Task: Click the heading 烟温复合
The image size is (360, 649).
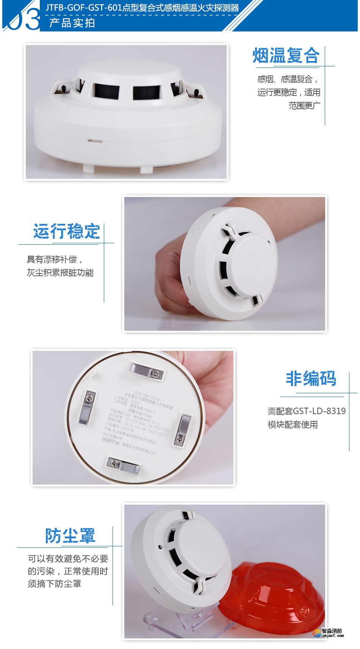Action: (286, 56)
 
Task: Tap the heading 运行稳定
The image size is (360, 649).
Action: (66, 231)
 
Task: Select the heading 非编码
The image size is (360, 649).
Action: (311, 378)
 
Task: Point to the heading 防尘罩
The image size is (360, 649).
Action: (70, 536)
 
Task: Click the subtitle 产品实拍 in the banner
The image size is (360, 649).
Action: (72, 23)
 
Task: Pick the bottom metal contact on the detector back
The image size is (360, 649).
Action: (123, 465)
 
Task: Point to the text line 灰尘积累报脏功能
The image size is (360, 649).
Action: (60, 273)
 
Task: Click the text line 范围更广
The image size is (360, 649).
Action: (304, 106)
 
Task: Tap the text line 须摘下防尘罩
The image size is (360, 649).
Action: (54, 584)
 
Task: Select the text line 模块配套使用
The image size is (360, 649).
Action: (293, 425)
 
